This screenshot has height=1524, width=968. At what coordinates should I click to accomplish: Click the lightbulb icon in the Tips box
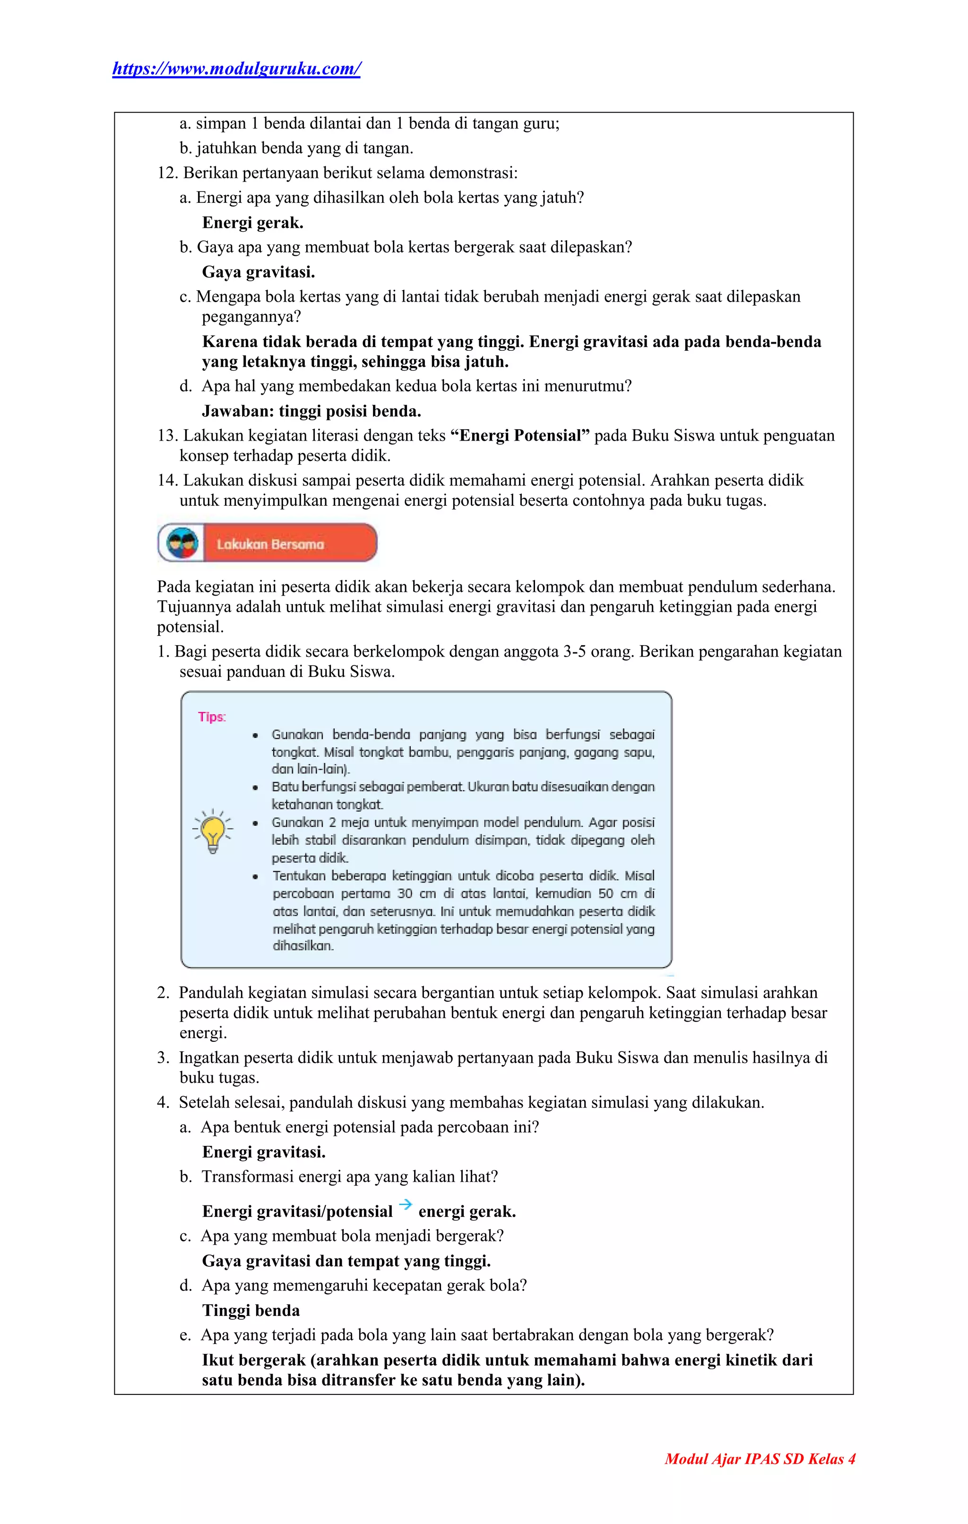[213, 831]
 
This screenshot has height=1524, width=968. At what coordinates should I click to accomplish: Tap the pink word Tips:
[211, 717]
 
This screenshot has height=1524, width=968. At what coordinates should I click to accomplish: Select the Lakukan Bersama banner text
[270, 544]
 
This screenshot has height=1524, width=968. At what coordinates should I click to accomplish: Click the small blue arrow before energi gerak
[406, 1204]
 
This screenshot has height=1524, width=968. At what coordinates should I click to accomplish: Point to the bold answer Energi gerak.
[252, 223]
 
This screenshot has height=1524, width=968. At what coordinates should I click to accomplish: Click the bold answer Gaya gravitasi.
[258, 272]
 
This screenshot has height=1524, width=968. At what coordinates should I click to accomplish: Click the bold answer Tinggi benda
[251, 1310]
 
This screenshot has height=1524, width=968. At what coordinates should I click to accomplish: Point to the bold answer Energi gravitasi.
[264, 1152]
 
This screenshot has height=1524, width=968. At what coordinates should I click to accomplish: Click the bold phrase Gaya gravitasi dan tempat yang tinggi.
[346, 1261]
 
